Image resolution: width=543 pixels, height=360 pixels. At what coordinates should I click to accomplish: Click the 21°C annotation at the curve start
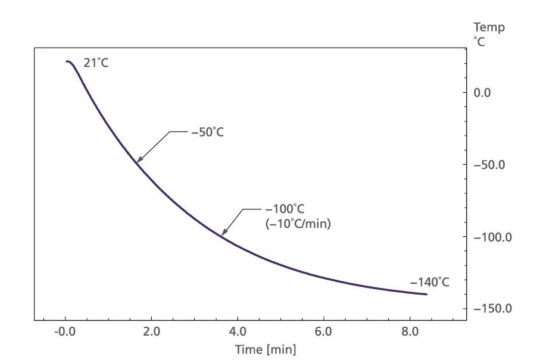(96, 62)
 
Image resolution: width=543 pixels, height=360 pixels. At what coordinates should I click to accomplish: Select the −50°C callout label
(207, 132)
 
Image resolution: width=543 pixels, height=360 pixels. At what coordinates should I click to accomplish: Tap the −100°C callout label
(284, 209)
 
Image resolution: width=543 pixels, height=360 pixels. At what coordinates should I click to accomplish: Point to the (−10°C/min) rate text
(298, 224)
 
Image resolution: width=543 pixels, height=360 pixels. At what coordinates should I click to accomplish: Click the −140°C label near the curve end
(429, 282)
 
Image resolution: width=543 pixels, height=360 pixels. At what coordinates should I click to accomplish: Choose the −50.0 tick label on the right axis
(489, 164)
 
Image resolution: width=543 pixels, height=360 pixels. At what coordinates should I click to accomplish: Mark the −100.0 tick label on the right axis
(492, 237)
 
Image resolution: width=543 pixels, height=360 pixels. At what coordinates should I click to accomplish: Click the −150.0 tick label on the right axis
(492, 309)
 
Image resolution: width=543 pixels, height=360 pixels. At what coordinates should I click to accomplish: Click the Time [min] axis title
(266, 349)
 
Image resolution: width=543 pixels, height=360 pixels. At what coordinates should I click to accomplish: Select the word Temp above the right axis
(489, 27)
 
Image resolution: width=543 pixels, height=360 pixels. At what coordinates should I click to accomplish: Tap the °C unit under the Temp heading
(479, 42)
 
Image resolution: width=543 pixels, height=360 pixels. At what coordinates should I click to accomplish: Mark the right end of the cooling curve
(426, 294)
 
